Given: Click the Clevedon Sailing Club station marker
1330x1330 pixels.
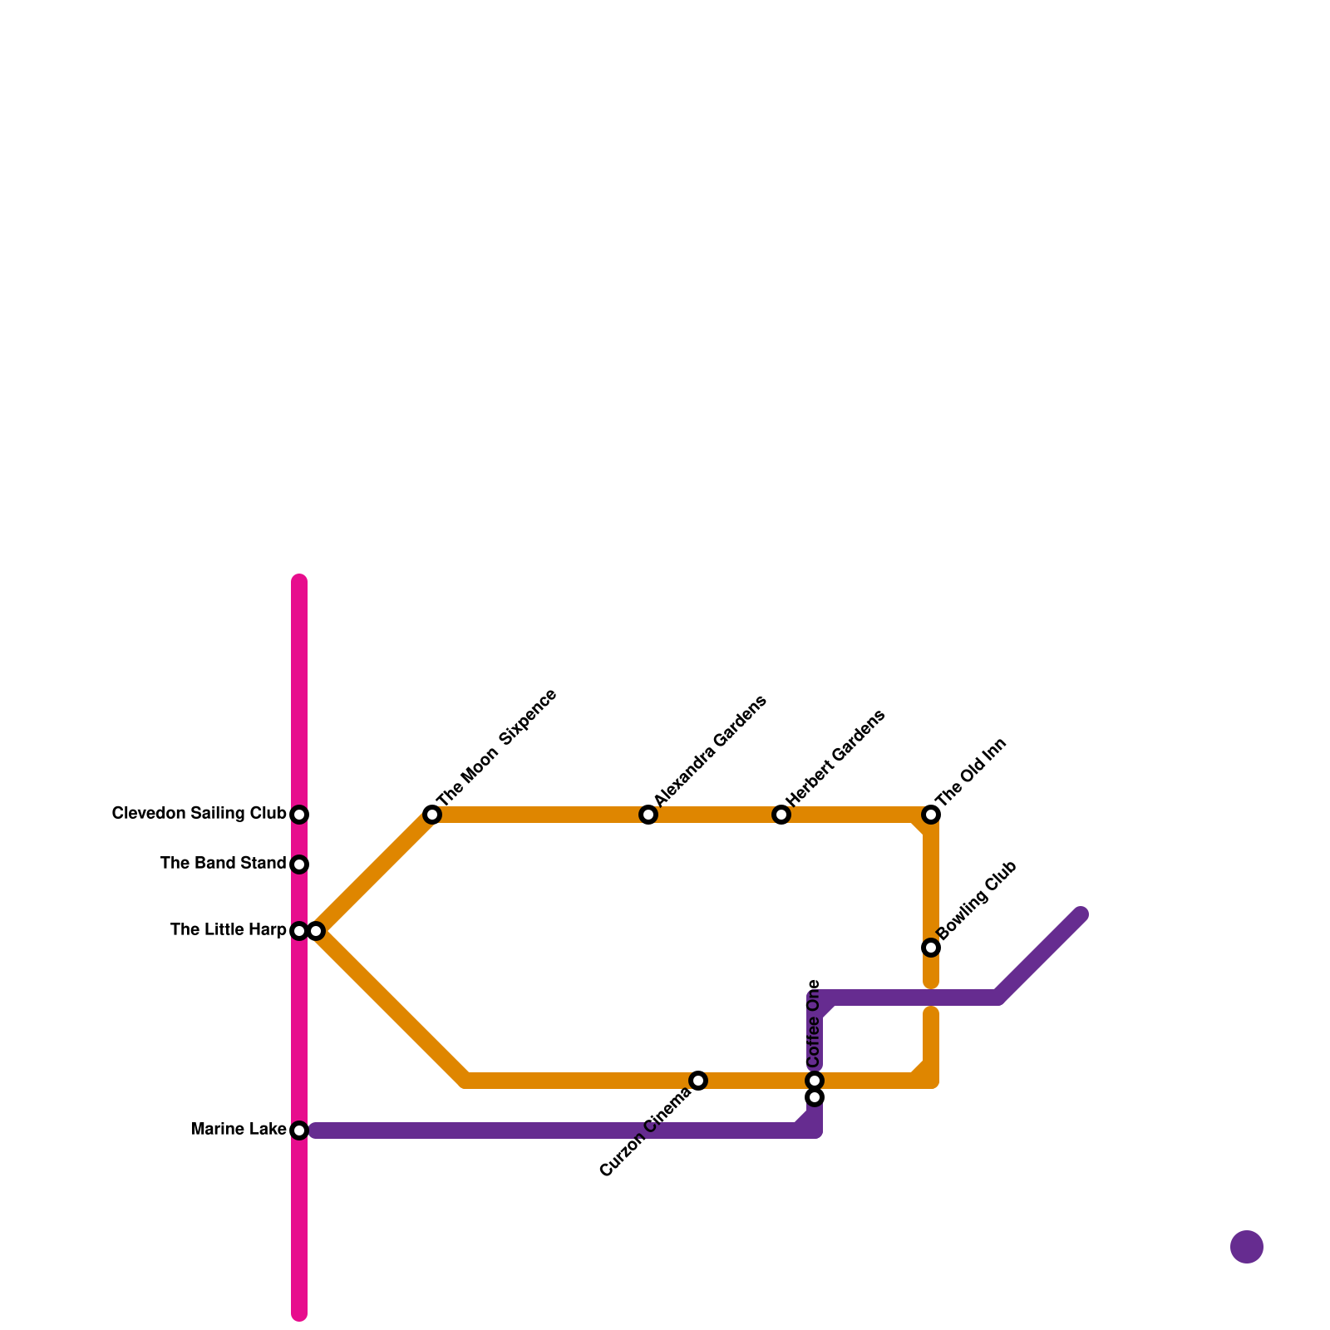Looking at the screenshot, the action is [x=299, y=815].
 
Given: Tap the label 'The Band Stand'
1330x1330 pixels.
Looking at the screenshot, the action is [x=223, y=864].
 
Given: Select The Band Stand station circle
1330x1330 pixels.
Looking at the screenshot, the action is [x=299, y=864].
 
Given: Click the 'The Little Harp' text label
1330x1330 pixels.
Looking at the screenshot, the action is [x=228, y=930].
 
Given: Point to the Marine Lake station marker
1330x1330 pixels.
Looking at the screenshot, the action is [x=299, y=1130].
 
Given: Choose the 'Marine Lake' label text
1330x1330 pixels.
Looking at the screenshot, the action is [x=239, y=1130].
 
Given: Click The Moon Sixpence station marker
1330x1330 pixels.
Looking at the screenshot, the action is [x=431, y=815].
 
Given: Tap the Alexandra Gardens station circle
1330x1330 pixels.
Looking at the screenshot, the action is [x=648, y=815].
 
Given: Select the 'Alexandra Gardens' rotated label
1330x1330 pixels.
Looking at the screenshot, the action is [x=710, y=750].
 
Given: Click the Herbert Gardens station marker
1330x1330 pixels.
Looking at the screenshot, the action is [x=781, y=815].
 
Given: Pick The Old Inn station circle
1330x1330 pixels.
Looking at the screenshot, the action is [x=931, y=815].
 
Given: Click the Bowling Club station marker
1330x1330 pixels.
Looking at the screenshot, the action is [x=931, y=948].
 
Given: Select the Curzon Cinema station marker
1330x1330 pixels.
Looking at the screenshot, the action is [x=698, y=1081].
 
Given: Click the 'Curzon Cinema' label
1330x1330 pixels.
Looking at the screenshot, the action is [x=645, y=1132].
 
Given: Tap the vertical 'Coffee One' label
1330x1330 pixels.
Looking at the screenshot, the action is [x=814, y=1023].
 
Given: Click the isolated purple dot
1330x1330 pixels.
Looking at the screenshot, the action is [x=1246, y=1247].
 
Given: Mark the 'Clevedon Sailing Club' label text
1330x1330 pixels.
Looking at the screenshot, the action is [x=199, y=814].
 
